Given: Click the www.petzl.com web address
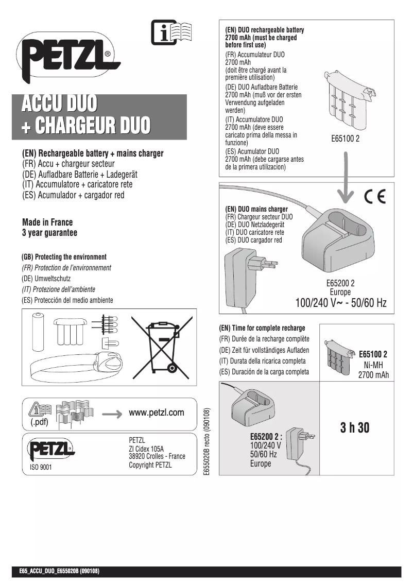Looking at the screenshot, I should coord(156,413).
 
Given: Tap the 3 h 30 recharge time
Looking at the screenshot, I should coord(355,428).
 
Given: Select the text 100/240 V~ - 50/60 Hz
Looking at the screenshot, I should coord(340,303).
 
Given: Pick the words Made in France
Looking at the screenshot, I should coord(47,222).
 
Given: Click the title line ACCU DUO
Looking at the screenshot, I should coord(58,104).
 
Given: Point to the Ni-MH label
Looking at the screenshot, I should coord(373,365).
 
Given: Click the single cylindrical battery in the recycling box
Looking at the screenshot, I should coord(39,332).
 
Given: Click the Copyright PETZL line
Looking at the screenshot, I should coord(150,465).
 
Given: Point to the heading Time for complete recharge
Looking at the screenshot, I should coord(262,328).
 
